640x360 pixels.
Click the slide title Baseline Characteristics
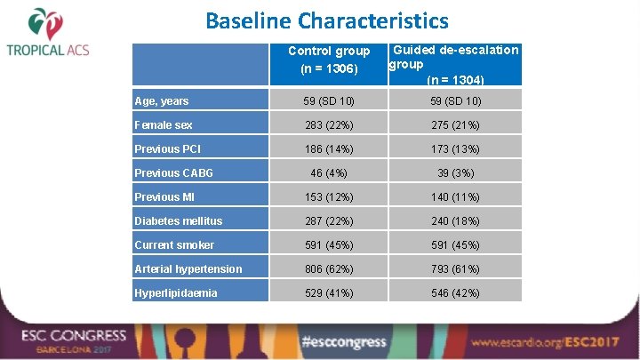tap(326, 20)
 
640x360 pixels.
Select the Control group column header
tap(329, 60)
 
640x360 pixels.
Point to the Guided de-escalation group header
tap(454, 64)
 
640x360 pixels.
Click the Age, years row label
tap(162, 101)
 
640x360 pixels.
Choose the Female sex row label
tap(164, 125)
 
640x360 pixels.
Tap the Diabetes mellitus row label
tap(179, 220)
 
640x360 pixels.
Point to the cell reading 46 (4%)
tap(328, 173)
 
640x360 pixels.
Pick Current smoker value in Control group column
tap(328, 245)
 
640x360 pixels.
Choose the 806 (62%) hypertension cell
tap(328, 268)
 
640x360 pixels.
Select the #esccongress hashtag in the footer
tap(342, 341)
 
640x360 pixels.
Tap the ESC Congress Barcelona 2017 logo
tap(76, 341)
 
